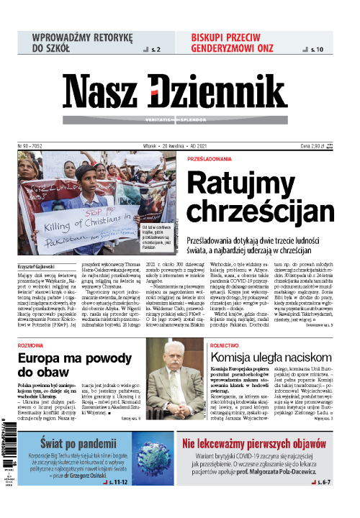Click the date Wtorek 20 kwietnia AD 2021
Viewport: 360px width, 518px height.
click(180, 145)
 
